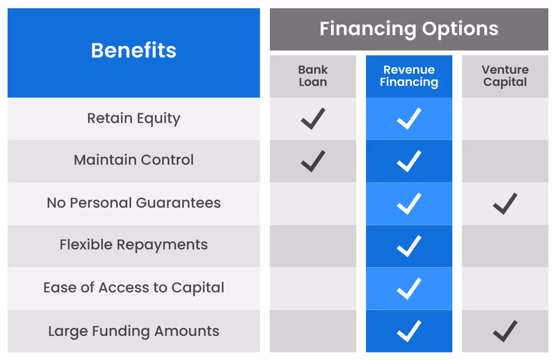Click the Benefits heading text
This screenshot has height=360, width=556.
[x=134, y=50]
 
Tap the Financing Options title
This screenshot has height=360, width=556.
[x=409, y=29]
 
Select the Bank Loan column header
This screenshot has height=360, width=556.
[x=313, y=76]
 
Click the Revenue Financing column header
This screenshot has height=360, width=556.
[x=409, y=76]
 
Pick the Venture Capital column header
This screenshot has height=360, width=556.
[x=505, y=76]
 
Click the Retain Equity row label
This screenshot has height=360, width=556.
[x=134, y=118]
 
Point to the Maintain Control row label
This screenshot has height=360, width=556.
[x=134, y=160]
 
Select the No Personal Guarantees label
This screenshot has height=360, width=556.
[x=134, y=203]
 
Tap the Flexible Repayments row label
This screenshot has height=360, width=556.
[x=134, y=245]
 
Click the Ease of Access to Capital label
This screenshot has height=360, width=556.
[x=134, y=288]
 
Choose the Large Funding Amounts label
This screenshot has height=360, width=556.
[x=134, y=331]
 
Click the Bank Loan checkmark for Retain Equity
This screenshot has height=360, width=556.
[x=313, y=119]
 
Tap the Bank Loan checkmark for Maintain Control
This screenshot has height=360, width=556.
[x=313, y=161]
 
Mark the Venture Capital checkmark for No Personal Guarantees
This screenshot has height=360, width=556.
[x=505, y=204]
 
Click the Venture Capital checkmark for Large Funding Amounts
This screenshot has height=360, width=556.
[x=505, y=331]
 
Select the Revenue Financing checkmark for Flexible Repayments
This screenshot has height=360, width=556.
[x=409, y=246]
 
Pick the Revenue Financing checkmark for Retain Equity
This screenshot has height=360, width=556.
[x=409, y=119]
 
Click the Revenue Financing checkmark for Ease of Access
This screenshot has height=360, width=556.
[x=409, y=288]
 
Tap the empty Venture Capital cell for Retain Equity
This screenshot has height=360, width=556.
[x=505, y=119]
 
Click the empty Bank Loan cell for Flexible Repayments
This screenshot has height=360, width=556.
[x=313, y=246]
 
